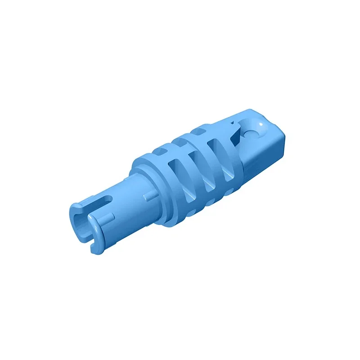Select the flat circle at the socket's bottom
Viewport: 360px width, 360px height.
(x=252, y=132)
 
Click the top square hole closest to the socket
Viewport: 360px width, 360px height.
(x=199, y=131)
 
